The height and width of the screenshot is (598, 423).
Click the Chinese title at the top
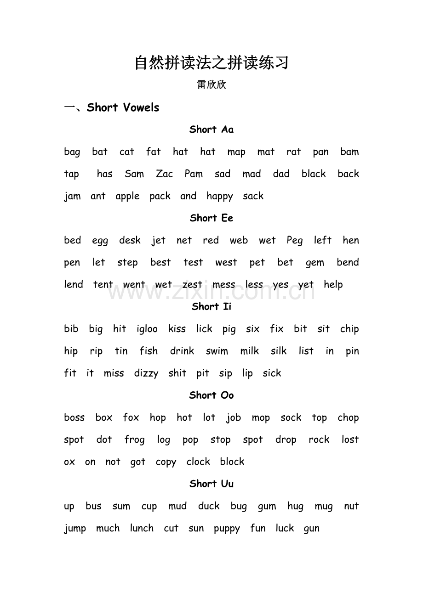[211, 63]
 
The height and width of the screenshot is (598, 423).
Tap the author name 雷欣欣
[211, 85]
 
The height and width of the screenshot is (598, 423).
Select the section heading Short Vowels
[123, 107]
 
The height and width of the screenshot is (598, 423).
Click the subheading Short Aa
[211, 130]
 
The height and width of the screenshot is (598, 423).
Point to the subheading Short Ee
[211, 218]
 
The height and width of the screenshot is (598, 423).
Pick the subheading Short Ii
[211, 306]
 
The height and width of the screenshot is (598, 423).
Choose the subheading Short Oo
[211, 395]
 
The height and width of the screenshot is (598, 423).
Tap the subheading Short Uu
[211, 484]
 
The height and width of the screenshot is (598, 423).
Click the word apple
[127, 197]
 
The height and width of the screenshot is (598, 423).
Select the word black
[314, 174]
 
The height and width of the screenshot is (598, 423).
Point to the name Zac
[164, 174]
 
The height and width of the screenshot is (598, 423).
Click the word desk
[130, 240]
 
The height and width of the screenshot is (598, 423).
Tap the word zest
[192, 285]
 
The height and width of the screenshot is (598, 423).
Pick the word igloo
[147, 329]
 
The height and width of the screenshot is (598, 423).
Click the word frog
[134, 440]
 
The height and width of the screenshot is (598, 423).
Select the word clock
[198, 462]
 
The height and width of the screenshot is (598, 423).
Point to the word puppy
[227, 529]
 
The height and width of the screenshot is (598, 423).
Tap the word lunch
[142, 528]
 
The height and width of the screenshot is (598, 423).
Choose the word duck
[209, 506]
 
